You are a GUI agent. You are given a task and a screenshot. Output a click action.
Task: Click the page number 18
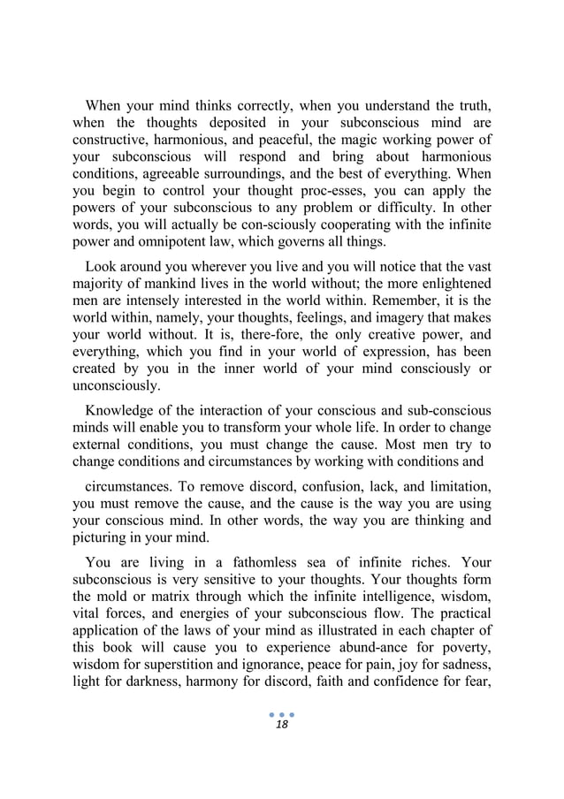(x=281, y=748)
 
